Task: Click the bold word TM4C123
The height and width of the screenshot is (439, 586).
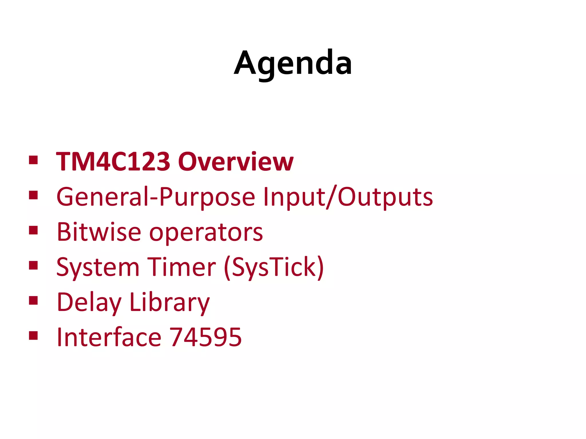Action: (113, 162)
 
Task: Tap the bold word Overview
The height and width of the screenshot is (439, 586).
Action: (236, 162)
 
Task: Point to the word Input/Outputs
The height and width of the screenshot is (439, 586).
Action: (348, 197)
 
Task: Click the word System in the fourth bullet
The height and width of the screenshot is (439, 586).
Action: (98, 268)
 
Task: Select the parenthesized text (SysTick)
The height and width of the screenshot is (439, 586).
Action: (274, 268)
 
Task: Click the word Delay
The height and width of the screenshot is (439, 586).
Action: (89, 302)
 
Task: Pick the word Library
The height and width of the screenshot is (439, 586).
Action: (170, 302)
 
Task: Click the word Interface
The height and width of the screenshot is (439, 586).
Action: (109, 337)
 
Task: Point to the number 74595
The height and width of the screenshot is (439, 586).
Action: (206, 337)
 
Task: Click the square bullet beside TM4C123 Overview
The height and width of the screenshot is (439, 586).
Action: (33, 160)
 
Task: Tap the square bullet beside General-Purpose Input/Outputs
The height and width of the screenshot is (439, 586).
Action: (33, 195)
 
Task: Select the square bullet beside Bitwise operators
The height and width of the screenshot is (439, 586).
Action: (33, 230)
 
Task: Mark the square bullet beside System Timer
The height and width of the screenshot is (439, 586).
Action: (33, 266)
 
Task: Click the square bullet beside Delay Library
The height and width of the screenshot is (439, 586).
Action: (33, 300)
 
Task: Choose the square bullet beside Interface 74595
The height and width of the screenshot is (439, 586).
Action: (33, 336)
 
